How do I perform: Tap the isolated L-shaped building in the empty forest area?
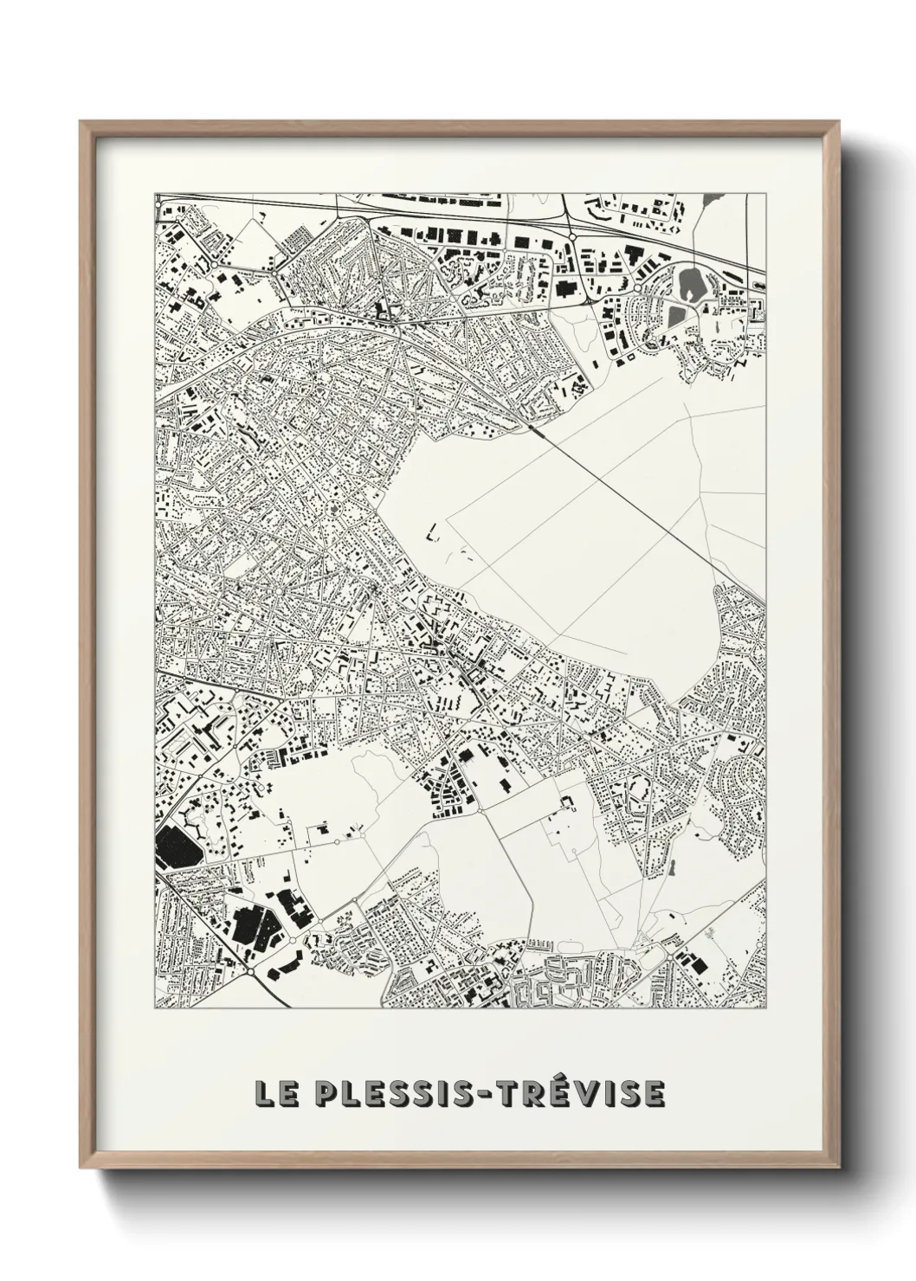pyautogui.click(x=432, y=533)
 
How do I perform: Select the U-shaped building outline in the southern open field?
pyautogui.click(x=568, y=803)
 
